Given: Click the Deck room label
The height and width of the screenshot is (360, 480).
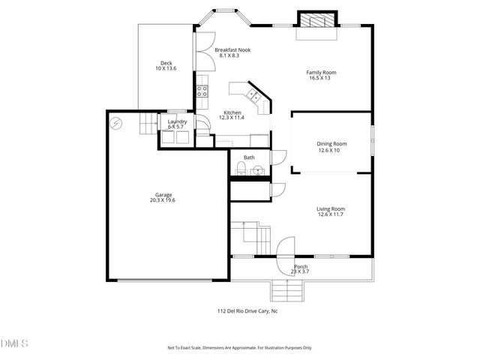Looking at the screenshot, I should (x=166, y=63).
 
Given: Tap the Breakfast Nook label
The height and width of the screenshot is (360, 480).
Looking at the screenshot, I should (x=233, y=50).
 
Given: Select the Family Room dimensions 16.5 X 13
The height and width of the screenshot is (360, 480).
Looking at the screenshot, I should (x=321, y=78).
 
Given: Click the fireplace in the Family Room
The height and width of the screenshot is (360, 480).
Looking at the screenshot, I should (x=315, y=20).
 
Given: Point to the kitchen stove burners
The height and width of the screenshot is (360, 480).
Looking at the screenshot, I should (x=202, y=91).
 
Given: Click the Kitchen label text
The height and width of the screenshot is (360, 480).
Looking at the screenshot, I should (x=231, y=112).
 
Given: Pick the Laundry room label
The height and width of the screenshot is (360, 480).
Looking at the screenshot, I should (x=177, y=121).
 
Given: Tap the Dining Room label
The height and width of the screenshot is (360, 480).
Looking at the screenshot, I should (x=331, y=143).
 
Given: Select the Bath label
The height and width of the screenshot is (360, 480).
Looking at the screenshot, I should (x=249, y=157).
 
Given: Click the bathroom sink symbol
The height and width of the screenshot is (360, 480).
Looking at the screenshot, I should (x=257, y=170).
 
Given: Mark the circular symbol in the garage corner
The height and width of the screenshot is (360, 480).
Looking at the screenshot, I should (x=115, y=123).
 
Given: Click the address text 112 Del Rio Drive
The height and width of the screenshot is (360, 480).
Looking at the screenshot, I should (x=247, y=310).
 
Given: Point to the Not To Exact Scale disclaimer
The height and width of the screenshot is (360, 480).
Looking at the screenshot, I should (x=239, y=348).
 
